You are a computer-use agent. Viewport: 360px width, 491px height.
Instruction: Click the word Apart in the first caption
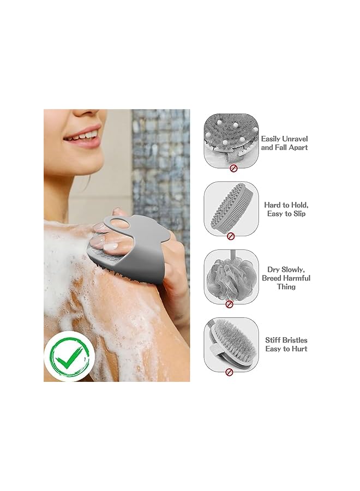pyautogui.click(x=295, y=147)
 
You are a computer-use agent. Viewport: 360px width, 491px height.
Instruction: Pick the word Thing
pyautogui.click(x=286, y=286)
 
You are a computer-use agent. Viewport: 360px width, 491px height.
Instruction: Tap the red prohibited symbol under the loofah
pyautogui.click(x=230, y=304)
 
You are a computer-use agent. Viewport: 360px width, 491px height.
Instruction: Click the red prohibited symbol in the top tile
pyautogui.click(x=233, y=169)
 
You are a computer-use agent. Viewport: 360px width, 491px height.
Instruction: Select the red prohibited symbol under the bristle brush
pyautogui.click(x=230, y=372)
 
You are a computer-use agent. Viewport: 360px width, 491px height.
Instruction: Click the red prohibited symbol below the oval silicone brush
pyautogui.click(x=230, y=236)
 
